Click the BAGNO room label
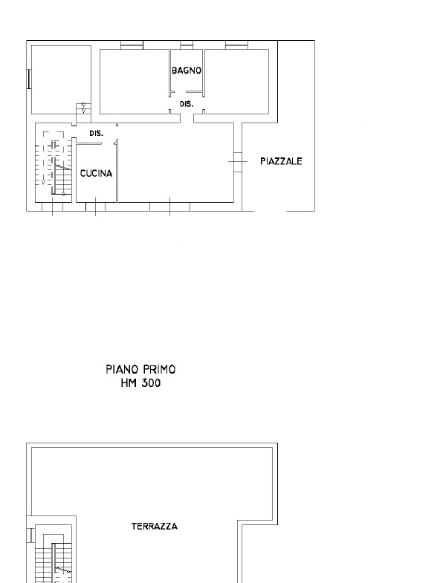click(187, 71)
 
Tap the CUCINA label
click(96, 173)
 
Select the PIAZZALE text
click(281, 161)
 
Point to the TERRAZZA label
click(155, 526)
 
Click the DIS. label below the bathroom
click(187, 104)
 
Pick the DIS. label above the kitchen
click(96, 133)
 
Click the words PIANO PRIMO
click(140, 369)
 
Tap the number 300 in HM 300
click(150, 382)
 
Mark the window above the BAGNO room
click(187, 45)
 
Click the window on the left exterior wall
click(29, 79)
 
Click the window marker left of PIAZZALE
click(238, 161)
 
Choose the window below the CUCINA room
click(95, 206)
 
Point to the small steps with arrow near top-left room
click(83, 108)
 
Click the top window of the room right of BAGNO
click(237, 45)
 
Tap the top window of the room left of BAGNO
click(132, 45)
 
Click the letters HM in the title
click(129, 382)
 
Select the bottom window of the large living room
click(169, 206)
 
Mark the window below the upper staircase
click(52, 206)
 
